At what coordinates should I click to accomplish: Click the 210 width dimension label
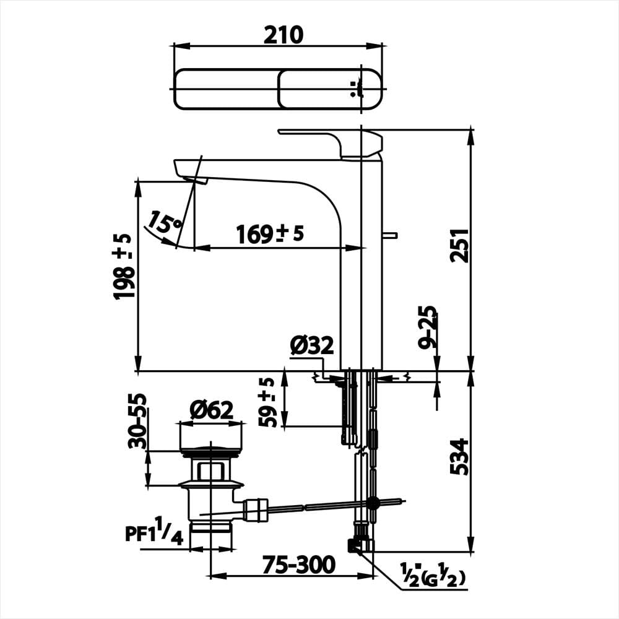(284, 35)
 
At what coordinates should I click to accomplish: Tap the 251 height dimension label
(459, 245)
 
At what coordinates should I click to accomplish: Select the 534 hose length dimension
(459, 457)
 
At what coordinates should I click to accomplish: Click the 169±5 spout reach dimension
(270, 234)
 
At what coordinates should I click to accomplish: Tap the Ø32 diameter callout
(312, 345)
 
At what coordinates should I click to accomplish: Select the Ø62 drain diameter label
(211, 410)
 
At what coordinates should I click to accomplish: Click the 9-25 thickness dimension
(428, 327)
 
